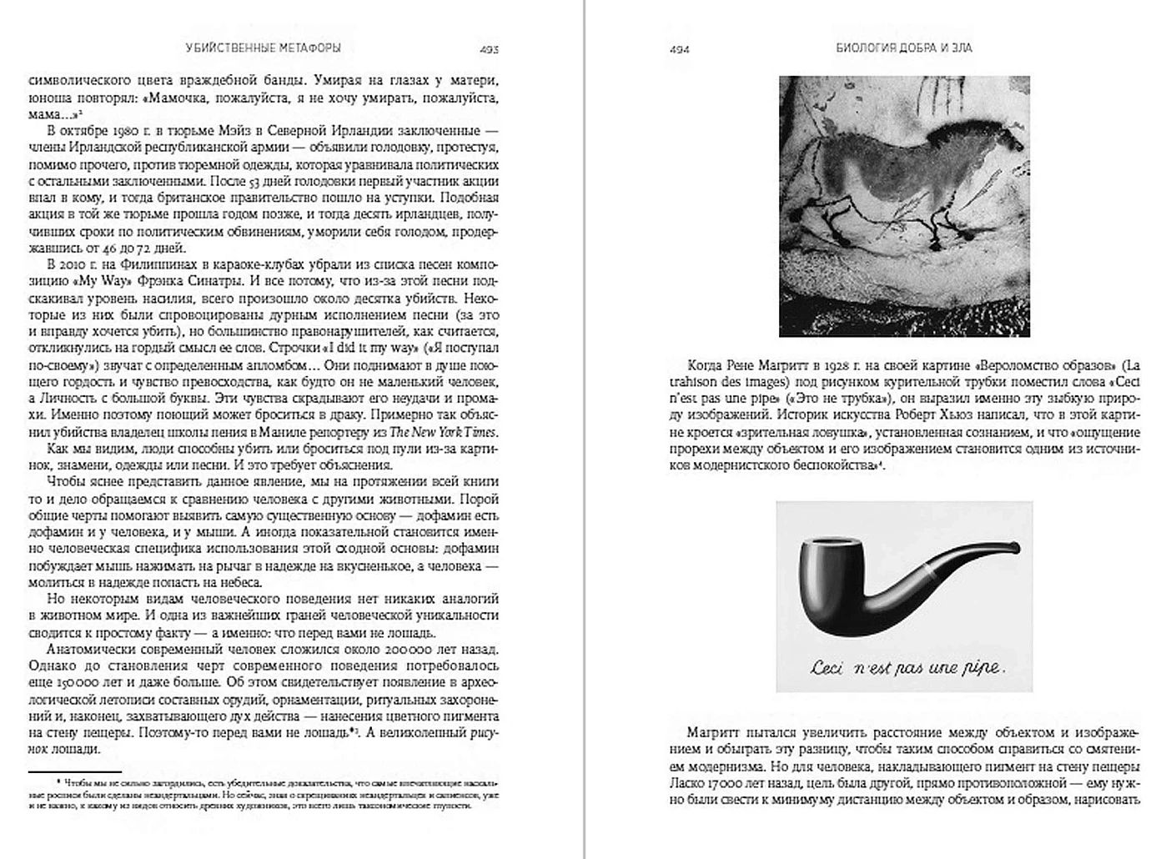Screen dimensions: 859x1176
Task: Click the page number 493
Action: pos(490,50)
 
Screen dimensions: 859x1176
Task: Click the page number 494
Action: pos(679,50)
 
